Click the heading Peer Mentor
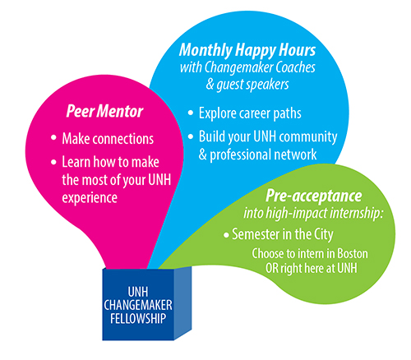104,111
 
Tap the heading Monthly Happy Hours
247,51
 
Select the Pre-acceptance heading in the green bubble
314,196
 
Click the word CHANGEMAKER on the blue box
138,305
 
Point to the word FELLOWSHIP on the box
138,319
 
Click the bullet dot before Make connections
53,137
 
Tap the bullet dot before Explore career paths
191,113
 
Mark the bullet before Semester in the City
226,235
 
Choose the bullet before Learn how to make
53,162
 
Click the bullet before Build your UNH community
191,136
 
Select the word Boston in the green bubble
353,253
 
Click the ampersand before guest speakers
210,84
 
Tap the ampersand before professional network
203,155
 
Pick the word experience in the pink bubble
90,198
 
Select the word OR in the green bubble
272,268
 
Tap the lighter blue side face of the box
182,303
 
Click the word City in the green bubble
324,235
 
